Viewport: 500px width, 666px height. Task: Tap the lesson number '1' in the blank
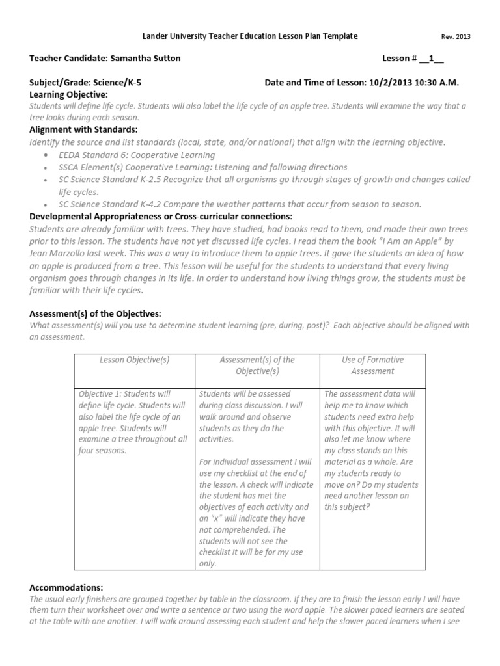click(430, 59)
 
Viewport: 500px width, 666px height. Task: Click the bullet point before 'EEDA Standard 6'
click(45, 155)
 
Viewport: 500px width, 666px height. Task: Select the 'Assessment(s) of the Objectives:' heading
click(95, 313)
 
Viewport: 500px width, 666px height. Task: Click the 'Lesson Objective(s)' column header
click(135, 360)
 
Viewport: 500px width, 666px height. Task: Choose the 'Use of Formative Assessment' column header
click(372, 366)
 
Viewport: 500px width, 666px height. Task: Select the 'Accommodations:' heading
click(66, 587)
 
